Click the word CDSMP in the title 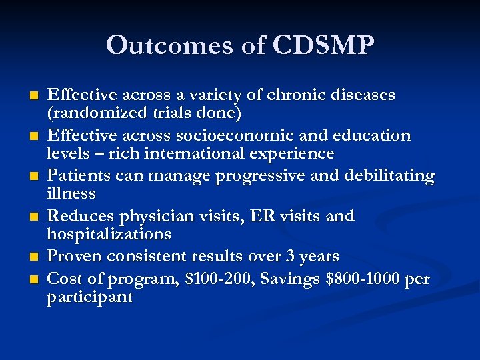[324, 45]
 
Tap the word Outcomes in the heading [157, 45]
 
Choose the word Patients [77, 177]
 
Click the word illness [71, 194]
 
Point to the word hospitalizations [109, 235]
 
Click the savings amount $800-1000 [363, 279]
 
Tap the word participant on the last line [90, 297]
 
